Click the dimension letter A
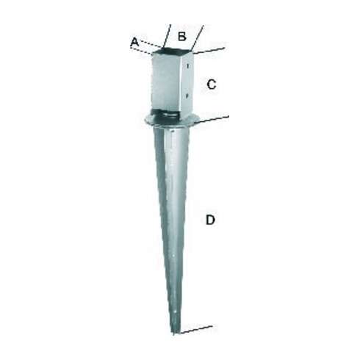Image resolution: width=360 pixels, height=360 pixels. (134, 43)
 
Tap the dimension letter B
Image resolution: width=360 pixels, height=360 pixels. (182, 37)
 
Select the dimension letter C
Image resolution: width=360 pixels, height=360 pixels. (212, 84)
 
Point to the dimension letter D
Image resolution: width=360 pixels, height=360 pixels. (210, 220)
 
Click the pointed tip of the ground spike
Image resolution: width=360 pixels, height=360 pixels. (174, 334)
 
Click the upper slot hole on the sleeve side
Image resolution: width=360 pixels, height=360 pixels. (188, 65)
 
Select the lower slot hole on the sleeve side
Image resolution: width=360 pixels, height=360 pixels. (187, 96)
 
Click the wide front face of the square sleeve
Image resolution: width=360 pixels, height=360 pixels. (167, 82)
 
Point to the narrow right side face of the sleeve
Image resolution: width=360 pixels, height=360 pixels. (189, 82)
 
